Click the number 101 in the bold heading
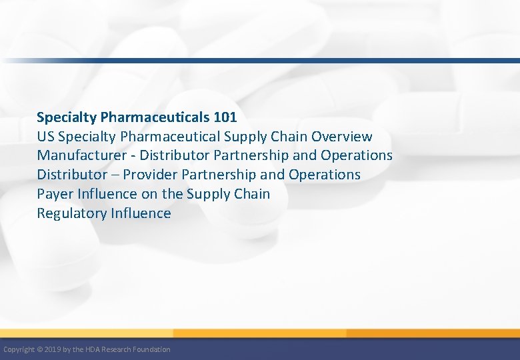(x=225, y=117)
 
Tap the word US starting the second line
(x=46, y=137)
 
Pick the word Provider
(x=153, y=175)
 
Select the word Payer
(x=54, y=194)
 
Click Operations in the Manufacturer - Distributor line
(x=357, y=155)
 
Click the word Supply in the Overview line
(x=246, y=137)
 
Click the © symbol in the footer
(x=40, y=349)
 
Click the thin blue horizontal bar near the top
(x=267, y=61)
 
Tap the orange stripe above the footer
(x=267, y=333)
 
